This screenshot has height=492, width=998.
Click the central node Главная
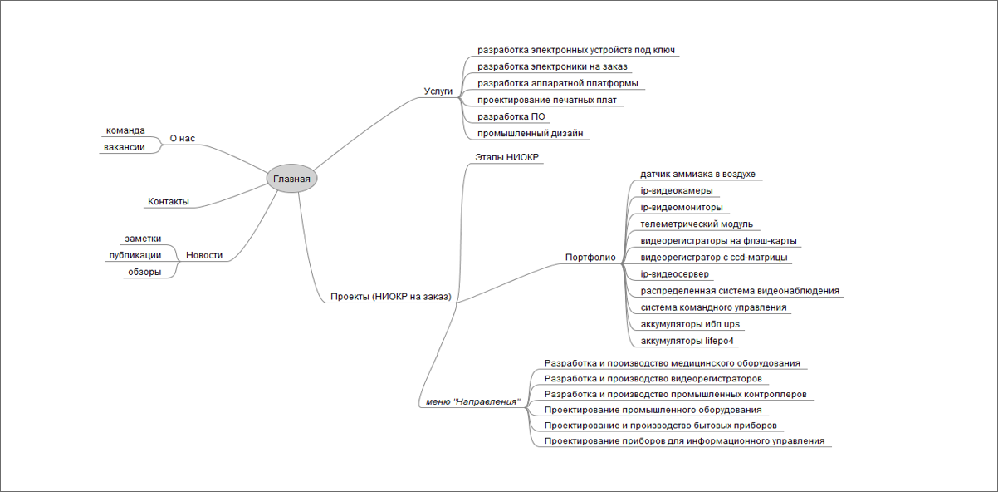pos(291,179)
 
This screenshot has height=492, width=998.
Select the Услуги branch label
pos(438,91)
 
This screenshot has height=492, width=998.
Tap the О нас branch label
pos(182,138)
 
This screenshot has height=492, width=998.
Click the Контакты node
pos(169,201)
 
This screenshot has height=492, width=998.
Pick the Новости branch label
pos(204,255)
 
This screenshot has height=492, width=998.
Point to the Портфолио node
pos(590,258)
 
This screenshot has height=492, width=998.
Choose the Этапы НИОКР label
pos(506,157)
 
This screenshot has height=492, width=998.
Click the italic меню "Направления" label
pos(473,401)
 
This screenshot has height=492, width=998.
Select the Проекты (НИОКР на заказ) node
pos(391,297)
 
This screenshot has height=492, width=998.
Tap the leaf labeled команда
pos(125,130)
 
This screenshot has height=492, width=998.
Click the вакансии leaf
pos(125,147)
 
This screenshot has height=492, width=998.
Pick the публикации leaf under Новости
pos(135,255)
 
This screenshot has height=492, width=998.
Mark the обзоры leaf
pos(144,272)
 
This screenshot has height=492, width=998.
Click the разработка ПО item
pos(511,116)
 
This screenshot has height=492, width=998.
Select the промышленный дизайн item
pos(531,133)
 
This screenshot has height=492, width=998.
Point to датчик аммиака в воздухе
pos(697,174)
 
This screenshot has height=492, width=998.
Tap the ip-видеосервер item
pos(674,274)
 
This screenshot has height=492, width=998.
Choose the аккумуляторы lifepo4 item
pos(687,341)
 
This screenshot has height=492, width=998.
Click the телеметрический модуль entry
pos(697,224)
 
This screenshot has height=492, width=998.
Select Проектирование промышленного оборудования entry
pos(653,410)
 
